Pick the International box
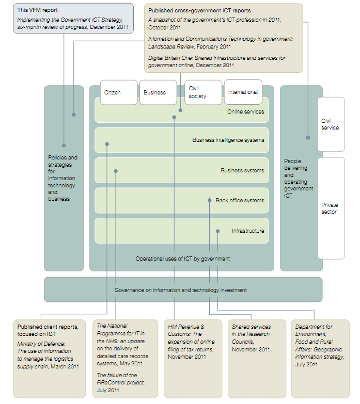[x=243, y=92]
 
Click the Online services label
[x=245, y=111]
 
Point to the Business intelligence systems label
[x=228, y=140]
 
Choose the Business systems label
[x=242, y=170]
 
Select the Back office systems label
[x=240, y=200]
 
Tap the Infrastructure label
[x=248, y=231]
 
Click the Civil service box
[x=331, y=124]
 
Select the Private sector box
[x=331, y=208]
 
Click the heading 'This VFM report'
[x=37, y=10]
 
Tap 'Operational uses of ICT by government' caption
[x=182, y=258]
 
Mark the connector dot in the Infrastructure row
[x=217, y=231]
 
